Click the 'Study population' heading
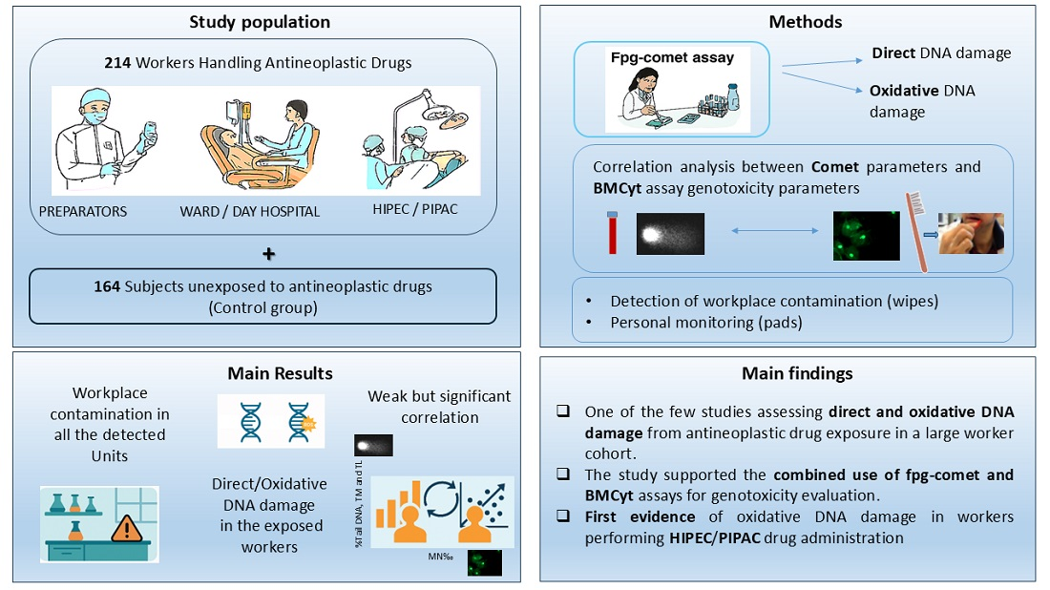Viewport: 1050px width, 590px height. point(260,21)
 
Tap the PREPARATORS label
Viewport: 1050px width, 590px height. point(83,212)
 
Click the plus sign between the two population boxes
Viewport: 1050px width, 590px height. point(268,254)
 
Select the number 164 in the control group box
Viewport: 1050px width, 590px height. point(106,285)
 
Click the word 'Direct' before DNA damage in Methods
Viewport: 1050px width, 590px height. point(892,54)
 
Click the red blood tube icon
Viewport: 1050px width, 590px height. point(612,233)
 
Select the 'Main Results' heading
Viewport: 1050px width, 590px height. point(280,373)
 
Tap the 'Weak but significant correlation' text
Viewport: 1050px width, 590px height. point(439,406)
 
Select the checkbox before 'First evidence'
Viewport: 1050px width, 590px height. point(565,516)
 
